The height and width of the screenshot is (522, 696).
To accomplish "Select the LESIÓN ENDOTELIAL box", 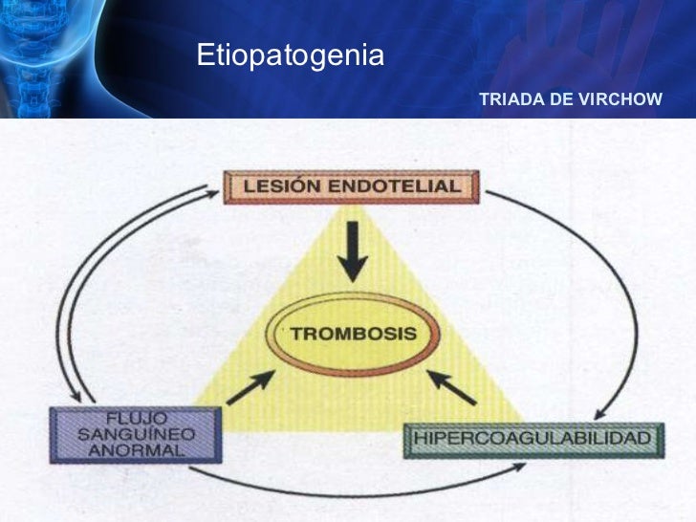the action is click(x=351, y=186).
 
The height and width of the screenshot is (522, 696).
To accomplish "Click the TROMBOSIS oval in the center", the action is click(x=353, y=335).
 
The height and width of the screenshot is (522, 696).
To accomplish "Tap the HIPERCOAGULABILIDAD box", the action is click(x=533, y=439).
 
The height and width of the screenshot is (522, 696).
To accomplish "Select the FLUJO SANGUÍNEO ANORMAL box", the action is click(x=135, y=434).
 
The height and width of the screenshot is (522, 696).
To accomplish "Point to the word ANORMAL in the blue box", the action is click(x=135, y=450).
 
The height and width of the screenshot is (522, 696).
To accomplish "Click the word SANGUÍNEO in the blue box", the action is click(x=135, y=434).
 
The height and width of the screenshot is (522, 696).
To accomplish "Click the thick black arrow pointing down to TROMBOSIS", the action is click(x=353, y=250).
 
